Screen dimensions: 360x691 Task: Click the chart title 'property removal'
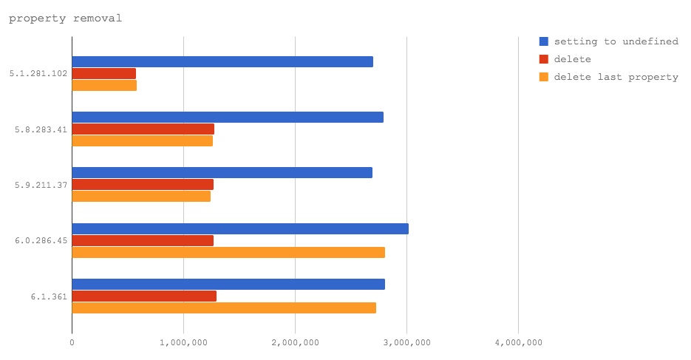[65, 18]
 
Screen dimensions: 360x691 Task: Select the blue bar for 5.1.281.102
[222, 61]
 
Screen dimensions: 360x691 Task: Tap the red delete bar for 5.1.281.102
[103, 73]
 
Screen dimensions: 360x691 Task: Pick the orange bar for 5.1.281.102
[104, 85]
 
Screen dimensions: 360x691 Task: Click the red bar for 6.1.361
[144, 296]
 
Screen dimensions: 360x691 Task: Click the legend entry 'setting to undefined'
[616, 41]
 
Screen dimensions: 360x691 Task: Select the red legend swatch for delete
[544, 59]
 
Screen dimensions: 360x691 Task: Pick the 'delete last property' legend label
[616, 77]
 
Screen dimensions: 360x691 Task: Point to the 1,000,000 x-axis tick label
[183, 342]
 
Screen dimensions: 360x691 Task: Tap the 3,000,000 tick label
[406, 342]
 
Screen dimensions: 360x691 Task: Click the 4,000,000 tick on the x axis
[518, 342]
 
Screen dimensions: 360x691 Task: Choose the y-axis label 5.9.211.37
[41, 185]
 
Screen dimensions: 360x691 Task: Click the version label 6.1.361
[49, 296]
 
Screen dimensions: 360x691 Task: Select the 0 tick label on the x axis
[72, 342]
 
